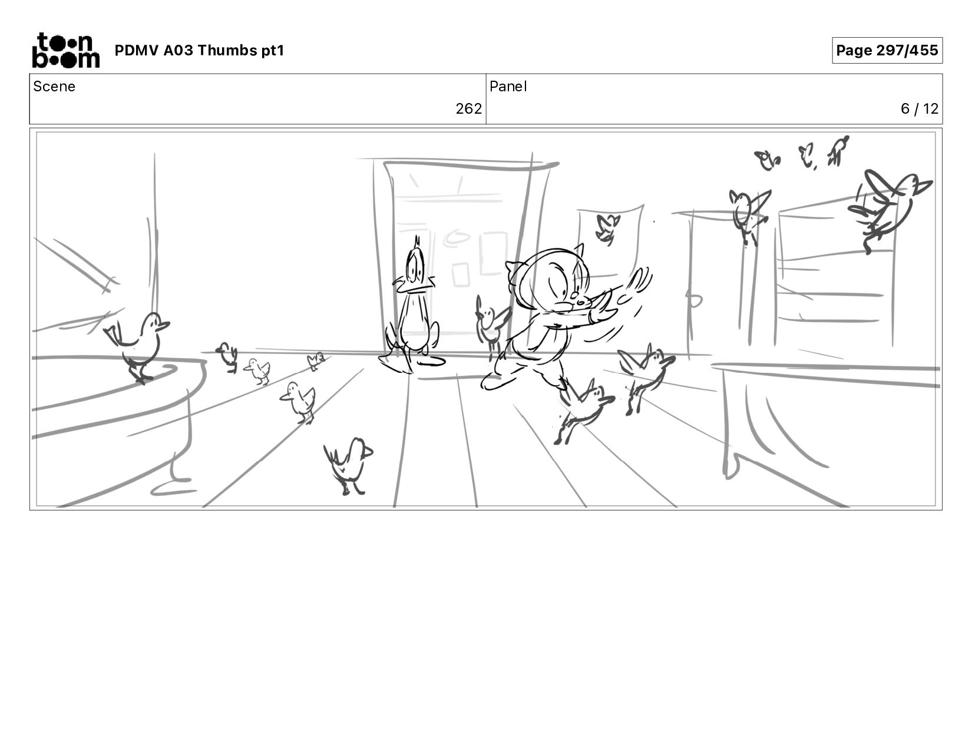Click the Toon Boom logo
[66, 51]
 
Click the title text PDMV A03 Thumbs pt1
[199, 50]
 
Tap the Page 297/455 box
[887, 50]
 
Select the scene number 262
[468, 109]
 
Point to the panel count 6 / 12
[919, 109]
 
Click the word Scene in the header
[54, 87]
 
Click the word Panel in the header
[508, 87]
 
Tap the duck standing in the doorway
[412, 309]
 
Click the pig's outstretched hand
[634, 286]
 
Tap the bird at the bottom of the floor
[349, 465]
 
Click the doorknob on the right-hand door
[694, 300]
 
